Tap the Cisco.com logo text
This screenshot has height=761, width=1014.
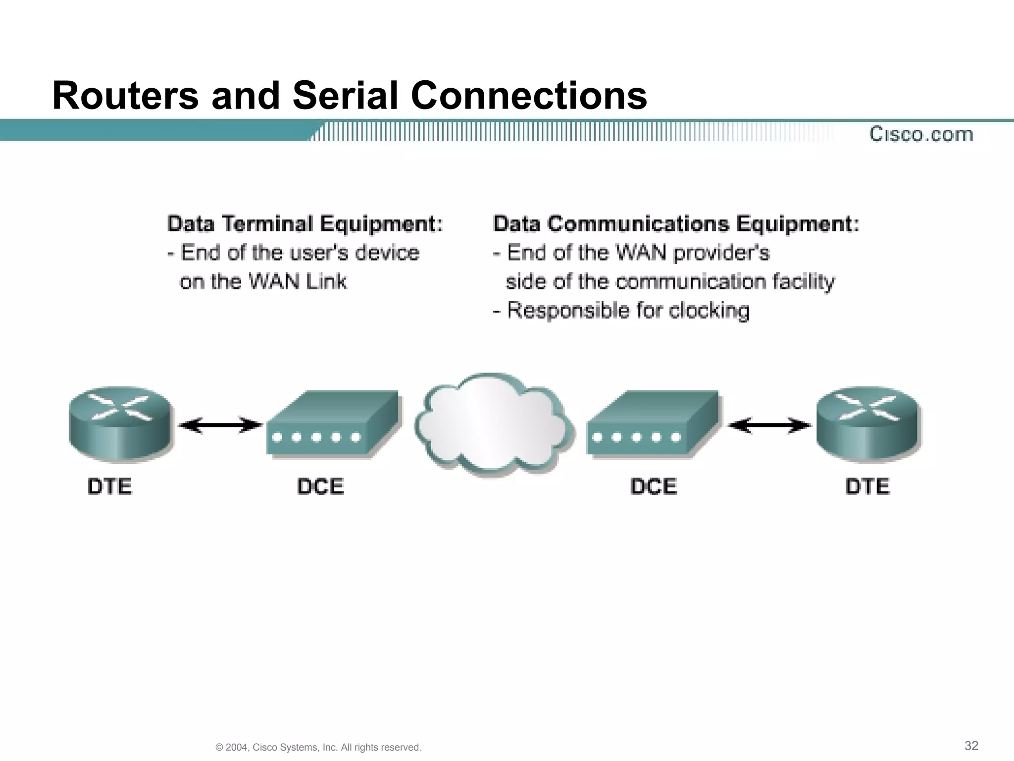(x=921, y=134)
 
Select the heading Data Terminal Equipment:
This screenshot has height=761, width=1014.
(x=304, y=224)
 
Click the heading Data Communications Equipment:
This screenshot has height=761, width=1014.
(x=676, y=224)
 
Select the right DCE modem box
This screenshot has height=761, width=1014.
(x=653, y=424)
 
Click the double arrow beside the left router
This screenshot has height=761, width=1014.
(x=220, y=425)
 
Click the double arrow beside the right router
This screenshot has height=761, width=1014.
(x=770, y=425)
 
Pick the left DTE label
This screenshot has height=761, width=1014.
(x=109, y=486)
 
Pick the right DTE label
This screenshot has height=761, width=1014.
(x=867, y=486)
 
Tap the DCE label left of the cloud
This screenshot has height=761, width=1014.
(x=320, y=486)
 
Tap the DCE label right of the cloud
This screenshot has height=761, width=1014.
(x=654, y=486)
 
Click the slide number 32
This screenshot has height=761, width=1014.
(x=971, y=746)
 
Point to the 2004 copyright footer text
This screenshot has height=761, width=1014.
(x=318, y=747)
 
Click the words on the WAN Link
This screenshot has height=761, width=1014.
(x=263, y=282)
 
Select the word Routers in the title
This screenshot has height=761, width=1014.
(x=125, y=95)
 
